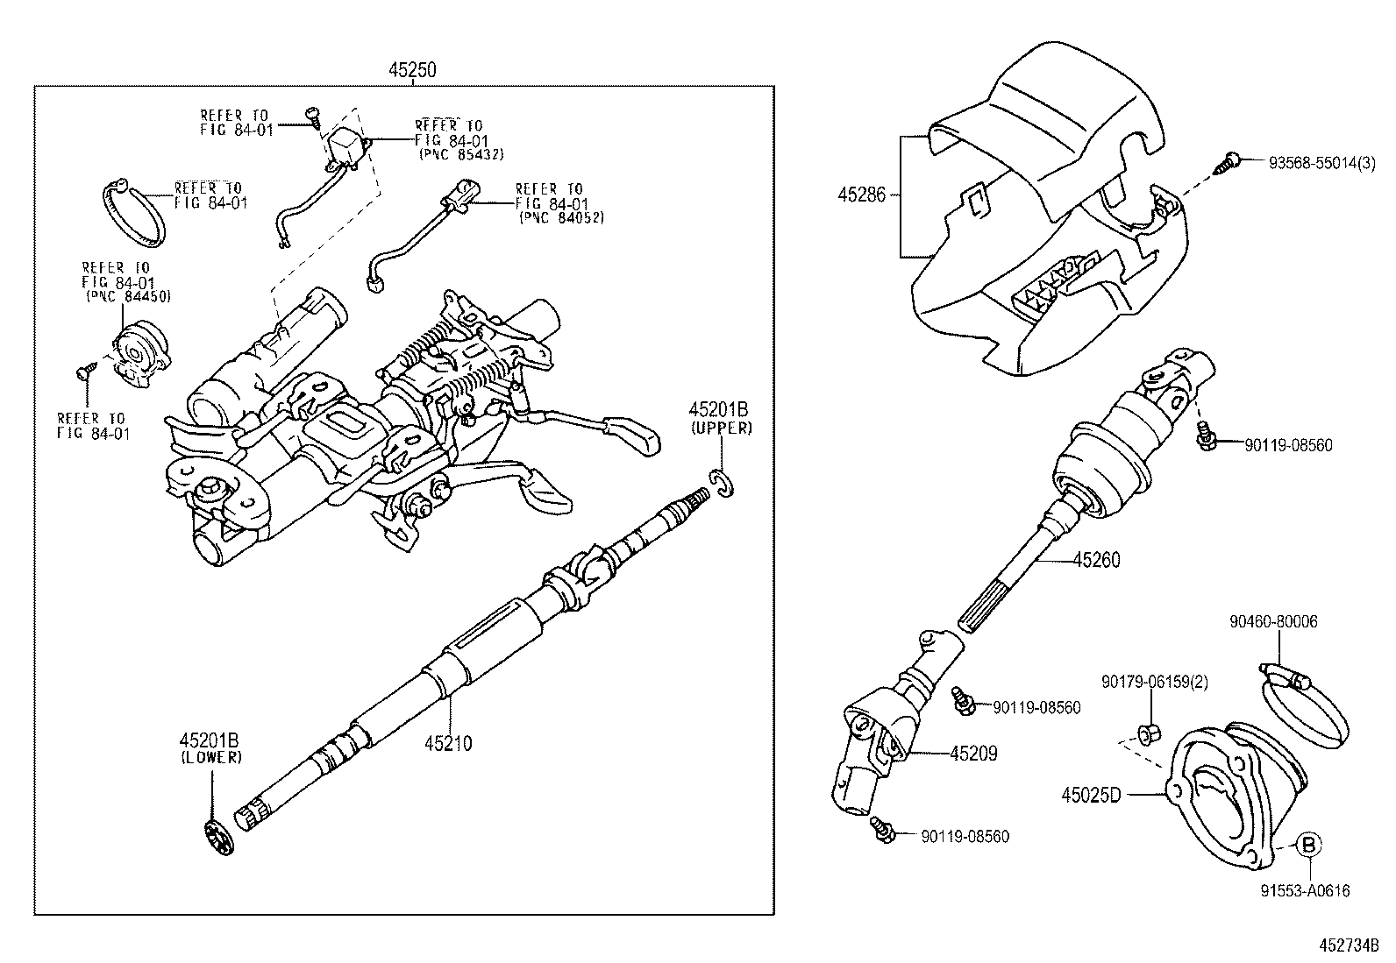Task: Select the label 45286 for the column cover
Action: pos(863,195)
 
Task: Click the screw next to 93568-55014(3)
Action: pos(1226,163)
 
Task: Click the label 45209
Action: pos(973,754)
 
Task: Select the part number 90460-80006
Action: pos(1272,622)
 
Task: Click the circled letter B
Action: pos(1307,845)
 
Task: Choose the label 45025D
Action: pos(1092,796)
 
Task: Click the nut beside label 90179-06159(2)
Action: pos(1147,733)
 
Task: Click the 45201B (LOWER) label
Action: pos(211,749)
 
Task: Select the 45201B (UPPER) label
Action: pos(720,418)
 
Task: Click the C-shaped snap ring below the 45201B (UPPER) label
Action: pos(723,484)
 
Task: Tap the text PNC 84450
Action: pos(128,297)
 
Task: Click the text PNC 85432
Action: pos(462,153)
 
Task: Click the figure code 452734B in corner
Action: pos(1350,946)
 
